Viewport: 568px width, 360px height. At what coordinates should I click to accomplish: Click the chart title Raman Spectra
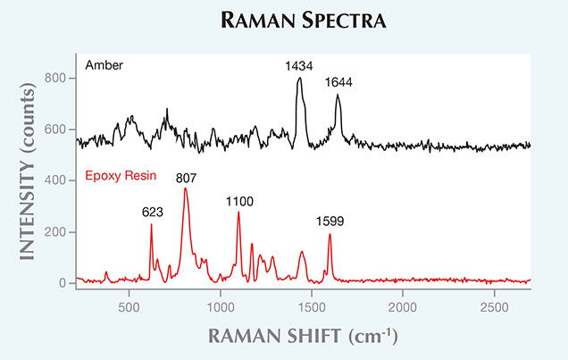283,19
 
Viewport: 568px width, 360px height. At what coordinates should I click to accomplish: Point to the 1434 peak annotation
299,66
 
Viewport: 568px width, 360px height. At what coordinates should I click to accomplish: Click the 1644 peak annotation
338,82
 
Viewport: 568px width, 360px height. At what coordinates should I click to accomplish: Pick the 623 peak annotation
153,213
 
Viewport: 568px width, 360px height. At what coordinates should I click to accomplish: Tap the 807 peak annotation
186,177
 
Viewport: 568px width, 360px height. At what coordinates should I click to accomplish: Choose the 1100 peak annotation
238,203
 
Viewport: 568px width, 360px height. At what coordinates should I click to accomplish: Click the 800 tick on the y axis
57,79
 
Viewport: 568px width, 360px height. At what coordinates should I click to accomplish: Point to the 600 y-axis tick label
57,130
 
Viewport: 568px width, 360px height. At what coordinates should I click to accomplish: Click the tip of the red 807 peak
185,188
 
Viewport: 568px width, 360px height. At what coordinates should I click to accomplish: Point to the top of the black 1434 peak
299,79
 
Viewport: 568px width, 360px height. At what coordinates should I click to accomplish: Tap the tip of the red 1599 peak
330,234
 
